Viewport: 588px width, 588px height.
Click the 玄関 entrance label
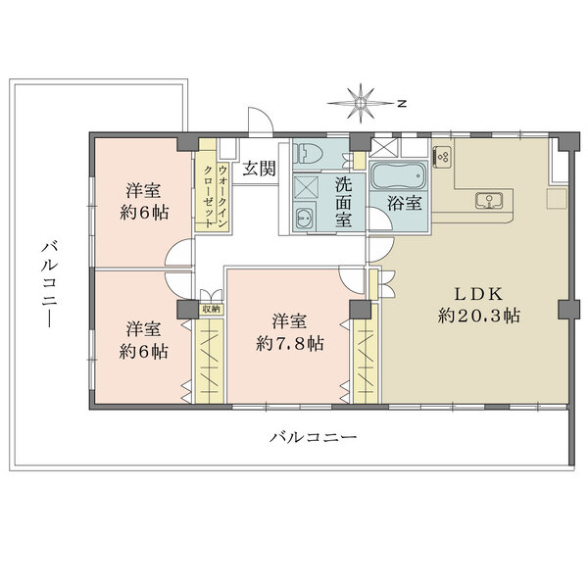click(x=259, y=169)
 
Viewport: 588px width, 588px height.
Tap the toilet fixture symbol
click(x=308, y=153)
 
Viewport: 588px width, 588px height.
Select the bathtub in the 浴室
click(x=398, y=175)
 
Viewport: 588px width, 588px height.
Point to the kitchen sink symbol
click(x=489, y=200)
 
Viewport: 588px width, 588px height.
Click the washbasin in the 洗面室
click(x=304, y=218)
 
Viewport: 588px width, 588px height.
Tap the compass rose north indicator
click(x=360, y=103)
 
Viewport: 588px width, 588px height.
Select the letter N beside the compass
click(x=402, y=104)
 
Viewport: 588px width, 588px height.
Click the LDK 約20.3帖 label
click(x=479, y=305)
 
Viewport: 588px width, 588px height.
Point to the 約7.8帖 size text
click(x=290, y=343)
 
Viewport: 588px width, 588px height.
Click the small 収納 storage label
click(x=211, y=309)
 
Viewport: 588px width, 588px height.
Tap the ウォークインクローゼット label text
click(x=215, y=195)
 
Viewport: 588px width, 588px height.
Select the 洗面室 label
click(x=344, y=202)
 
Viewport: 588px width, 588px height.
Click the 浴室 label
click(x=405, y=203)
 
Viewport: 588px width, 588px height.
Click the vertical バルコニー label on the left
click(x=50, y=284)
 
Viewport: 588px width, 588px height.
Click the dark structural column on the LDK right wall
click(x=567, y=310)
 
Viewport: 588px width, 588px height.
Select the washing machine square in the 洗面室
click(x=306, y=187)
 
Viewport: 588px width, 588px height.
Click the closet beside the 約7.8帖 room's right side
click(x=366, y=361)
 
